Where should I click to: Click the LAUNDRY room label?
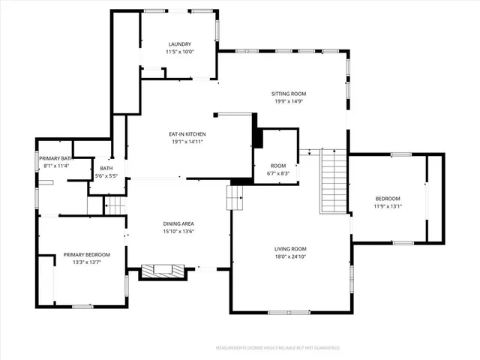coord(179,44)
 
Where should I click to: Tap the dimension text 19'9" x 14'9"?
coord(289,101)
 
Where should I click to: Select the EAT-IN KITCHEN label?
coord(187,134)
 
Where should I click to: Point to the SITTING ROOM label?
coord(289,94)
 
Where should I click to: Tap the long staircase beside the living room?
coord(332,180)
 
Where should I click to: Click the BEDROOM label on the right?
coord(388,199)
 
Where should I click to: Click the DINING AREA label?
coord(178,224)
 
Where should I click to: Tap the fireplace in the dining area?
coord(163,271)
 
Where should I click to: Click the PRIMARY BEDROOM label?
coord(86,254)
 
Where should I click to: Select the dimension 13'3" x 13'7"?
coord(86,262)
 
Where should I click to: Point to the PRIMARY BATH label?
coord(56,158)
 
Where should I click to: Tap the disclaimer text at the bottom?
coord(277,348)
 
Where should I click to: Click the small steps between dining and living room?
coord(236,199)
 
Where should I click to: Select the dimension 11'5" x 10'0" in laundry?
coord(179,52)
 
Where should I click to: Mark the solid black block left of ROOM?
coord(257,139)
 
